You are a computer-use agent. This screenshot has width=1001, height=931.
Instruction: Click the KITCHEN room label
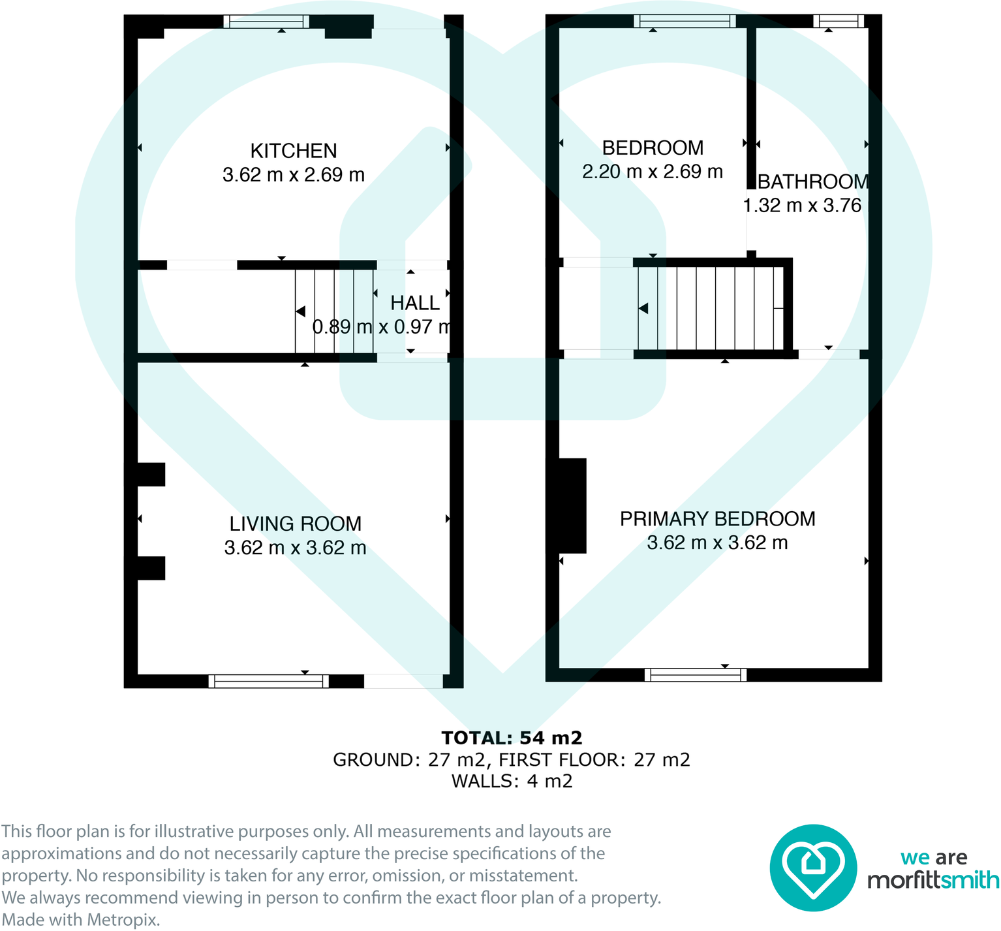294,151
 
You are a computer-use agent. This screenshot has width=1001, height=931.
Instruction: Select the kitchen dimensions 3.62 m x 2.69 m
294,175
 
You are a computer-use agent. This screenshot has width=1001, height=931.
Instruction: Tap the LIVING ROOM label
295,524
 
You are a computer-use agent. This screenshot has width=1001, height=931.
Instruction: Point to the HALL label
415,303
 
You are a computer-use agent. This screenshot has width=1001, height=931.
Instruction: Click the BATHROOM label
813,181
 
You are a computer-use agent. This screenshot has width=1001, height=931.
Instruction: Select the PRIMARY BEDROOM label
717,519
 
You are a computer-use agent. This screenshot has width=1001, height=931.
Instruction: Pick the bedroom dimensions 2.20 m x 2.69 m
653,172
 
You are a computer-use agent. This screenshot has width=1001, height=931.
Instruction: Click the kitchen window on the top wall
266,22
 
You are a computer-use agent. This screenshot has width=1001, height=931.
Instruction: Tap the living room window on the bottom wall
268,682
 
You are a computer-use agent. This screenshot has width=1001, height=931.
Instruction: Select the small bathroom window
839,22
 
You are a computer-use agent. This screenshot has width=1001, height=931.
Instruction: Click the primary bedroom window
696,675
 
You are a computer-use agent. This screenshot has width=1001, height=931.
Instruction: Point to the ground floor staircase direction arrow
301,311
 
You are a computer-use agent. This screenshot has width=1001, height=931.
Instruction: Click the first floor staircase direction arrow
643,308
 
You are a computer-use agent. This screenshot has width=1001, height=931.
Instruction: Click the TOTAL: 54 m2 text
512,738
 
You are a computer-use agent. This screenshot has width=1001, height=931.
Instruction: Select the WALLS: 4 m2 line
512,781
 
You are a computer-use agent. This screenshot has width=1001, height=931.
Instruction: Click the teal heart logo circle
812,868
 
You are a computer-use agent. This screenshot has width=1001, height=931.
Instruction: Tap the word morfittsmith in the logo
932,881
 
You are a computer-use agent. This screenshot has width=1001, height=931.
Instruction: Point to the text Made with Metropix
80,920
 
